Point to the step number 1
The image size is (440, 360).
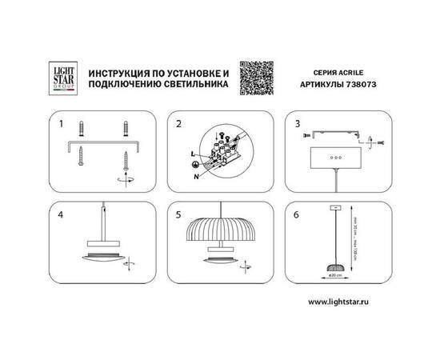coord(60,124)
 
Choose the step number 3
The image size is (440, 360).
coord(298,124)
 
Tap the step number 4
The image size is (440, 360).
coord(61,214)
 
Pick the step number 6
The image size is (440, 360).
coord(298,214)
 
